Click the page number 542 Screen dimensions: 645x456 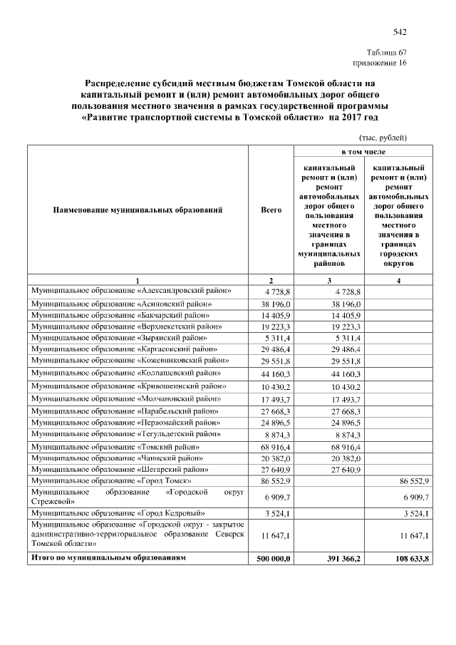click(399, 31)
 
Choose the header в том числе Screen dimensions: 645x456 click(363, 153)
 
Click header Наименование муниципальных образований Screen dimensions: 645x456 click(138, 210)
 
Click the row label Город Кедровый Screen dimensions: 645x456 click(118, 512)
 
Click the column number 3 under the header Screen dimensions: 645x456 click(328, 280)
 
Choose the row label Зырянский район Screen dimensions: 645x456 click(118, 337)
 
